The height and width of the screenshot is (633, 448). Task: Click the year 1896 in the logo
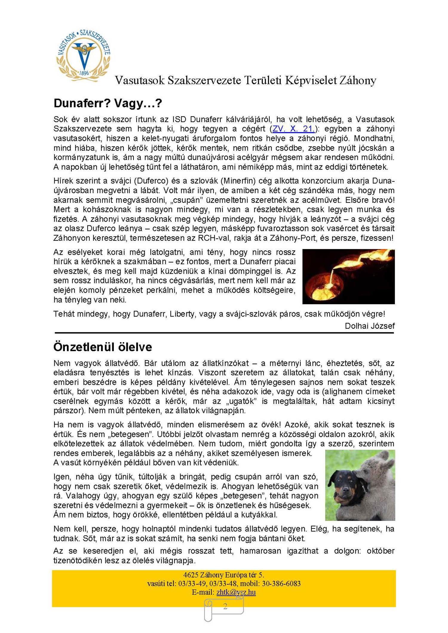pyautogui.click(x=84, y=73)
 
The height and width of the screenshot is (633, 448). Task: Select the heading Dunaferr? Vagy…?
pyautogui.click(x=108, y=103)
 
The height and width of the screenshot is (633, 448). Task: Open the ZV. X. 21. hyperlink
pyautogui.click(x=293, y=129)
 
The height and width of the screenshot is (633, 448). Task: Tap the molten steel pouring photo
pyautogui.click(x=348, y=276)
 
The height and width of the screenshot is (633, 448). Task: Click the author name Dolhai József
pyautogui.click(x=370, y=326)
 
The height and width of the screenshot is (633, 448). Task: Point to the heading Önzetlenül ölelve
pyautogui.click(x=102, y=347)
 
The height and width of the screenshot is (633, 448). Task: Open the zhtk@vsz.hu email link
pyautogui.click(x=236, y=592)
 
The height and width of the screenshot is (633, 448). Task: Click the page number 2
pyautogui.click(x=225, y=606)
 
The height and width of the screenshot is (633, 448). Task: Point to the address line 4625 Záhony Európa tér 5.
pyautogui.click(x=224, y=575)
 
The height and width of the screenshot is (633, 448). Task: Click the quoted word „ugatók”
pyautogui.click(x=242, y=401)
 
